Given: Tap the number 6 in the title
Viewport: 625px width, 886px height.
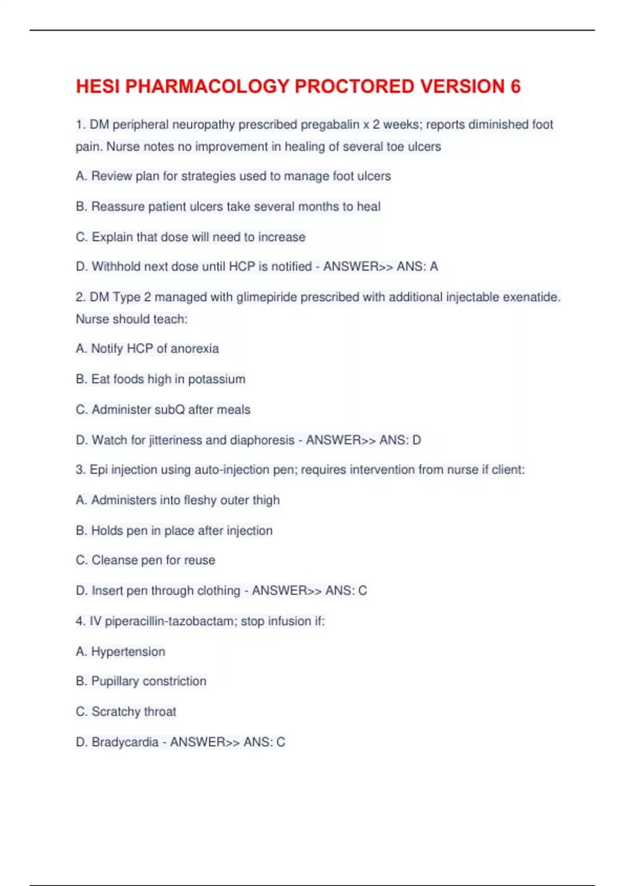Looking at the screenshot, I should (x=515, y=87).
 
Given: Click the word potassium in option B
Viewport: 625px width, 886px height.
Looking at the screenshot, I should (x=216, y=379).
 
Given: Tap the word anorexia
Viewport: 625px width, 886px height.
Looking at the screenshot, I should (x=194, y=349).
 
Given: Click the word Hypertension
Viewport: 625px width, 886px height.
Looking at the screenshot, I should (x=128, y=651).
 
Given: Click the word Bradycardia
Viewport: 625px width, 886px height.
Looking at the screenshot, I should (x=125, y=742).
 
